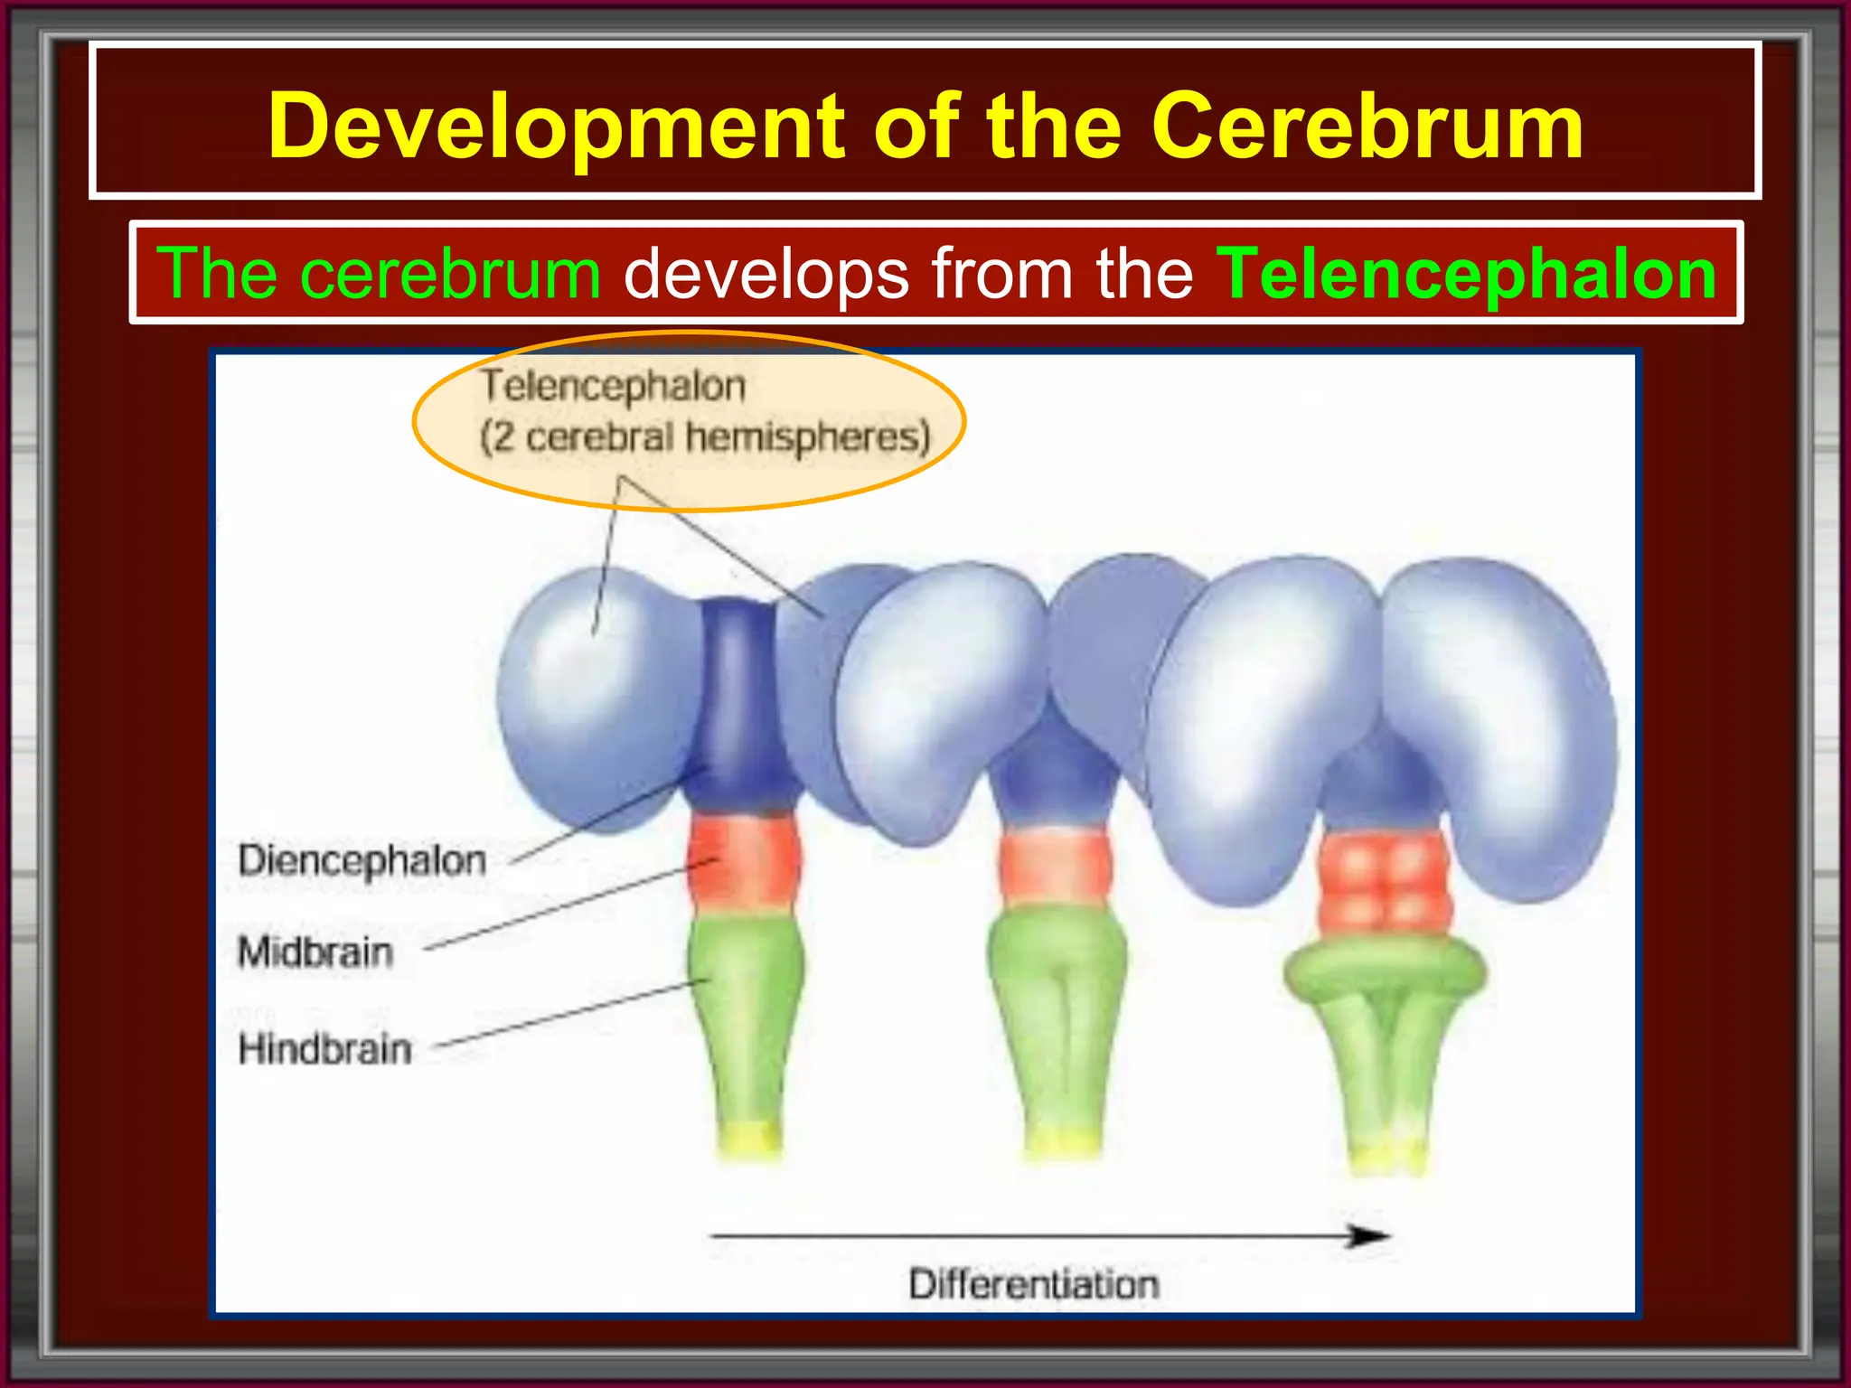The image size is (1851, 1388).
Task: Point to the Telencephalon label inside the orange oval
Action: pyautogui.click(x=613, y=387)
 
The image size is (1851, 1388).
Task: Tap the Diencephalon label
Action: pyautogui.click(x=362, y=860)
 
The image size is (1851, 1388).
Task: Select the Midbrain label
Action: pyautogui.click(x=315, y=952)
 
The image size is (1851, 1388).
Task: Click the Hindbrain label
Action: pyautogui.click(x=324, y=1050)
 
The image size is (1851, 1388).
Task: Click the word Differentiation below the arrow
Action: pyautogui.click(x=1033, y=1285)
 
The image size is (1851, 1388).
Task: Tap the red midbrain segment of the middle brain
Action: pyautogui.click(x=1054, y=867)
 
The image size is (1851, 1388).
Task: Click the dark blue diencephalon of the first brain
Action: pyautogui.click(x=739, y=705)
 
